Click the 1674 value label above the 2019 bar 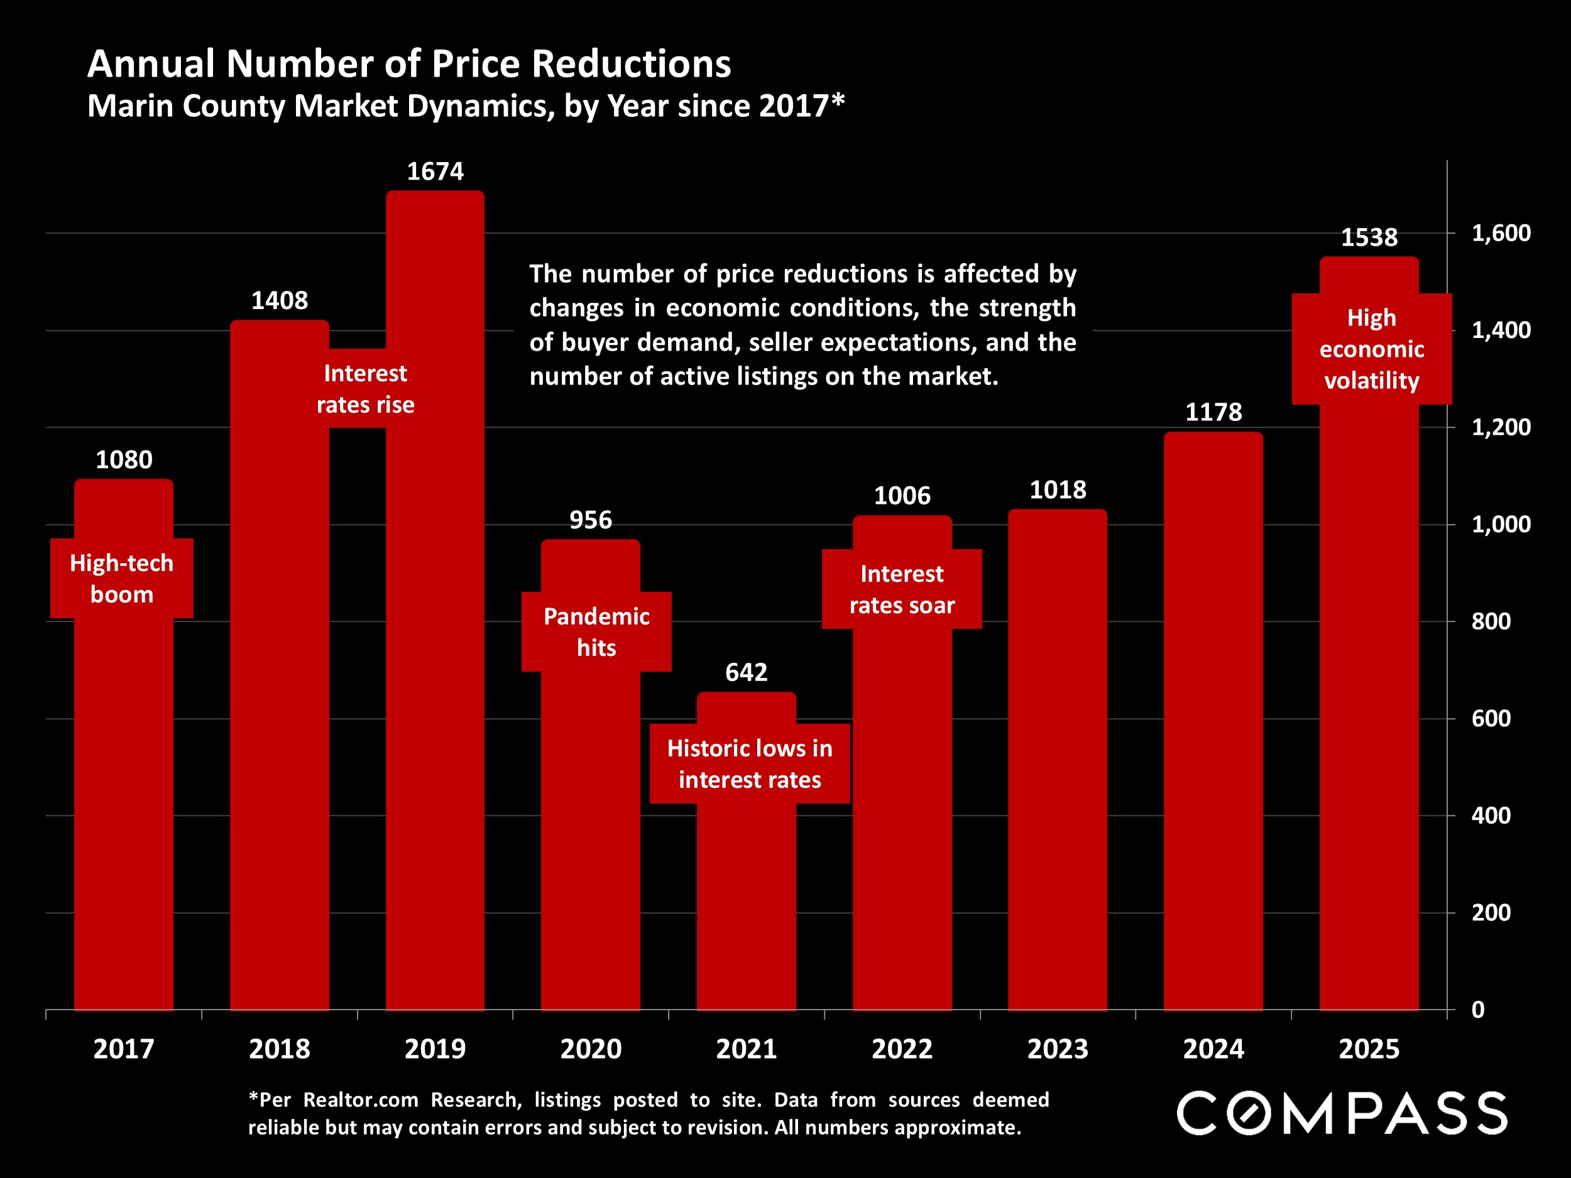pos(435,171)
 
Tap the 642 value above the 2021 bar pos(746,672)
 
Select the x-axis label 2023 pos(1058,1049)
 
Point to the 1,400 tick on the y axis pos(1501,330)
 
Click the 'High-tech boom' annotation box pos(121,578)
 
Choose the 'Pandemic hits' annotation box pos(596,631)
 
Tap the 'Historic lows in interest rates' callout pos(749,763)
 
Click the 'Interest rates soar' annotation pos(901,589)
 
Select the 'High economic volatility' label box pos(1371,349)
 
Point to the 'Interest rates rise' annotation pos(365,388)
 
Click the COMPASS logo pos(1342,1113)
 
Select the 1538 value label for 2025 pos(1369,237)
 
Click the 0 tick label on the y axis pos(1478,1010)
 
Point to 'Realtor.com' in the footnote pos(360,1100)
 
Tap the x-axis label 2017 pos(124,1049)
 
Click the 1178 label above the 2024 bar pos(1213,412)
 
